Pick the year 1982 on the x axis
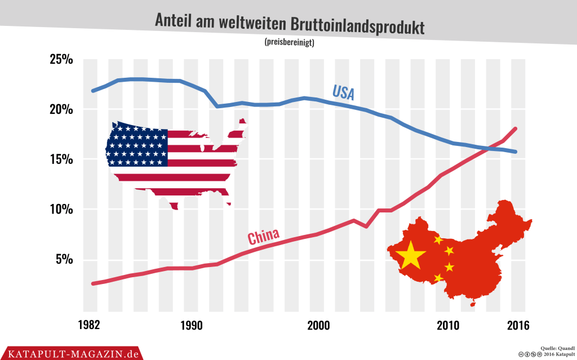pos(90,326)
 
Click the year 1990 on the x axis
pos(192,326)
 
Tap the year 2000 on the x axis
pos(319,326)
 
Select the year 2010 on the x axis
pos(449,326)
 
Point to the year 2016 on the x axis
pos(518,326)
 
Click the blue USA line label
pos(343,92)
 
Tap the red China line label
pos(264,236)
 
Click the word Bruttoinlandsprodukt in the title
pos(357,25)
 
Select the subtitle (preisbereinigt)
pos(288,42)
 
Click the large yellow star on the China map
pos(411,255)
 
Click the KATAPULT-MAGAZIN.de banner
pos(70,353)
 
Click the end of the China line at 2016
pos(515,129)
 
